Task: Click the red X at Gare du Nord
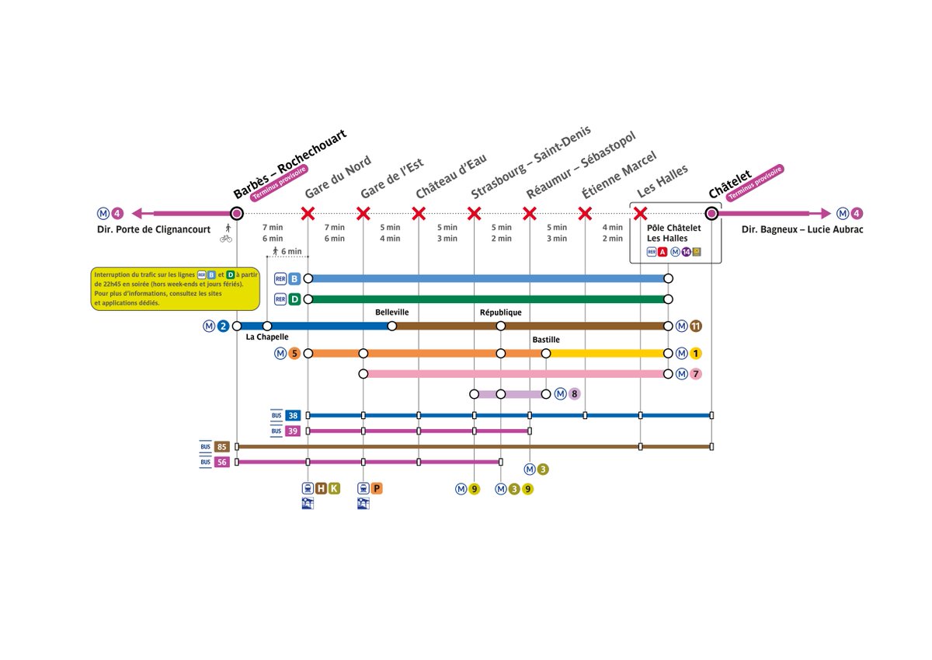point(308,213)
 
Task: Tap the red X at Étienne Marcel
point(586,213)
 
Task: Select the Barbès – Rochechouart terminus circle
point(237,213)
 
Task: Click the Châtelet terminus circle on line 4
point(711,213)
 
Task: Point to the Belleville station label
point(391,312)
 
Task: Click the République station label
point(501,312)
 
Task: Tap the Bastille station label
point(546,340)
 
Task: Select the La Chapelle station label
point(267,337)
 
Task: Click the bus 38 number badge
point(293,415)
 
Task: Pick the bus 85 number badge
point(222,446)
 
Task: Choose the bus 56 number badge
point(222,462)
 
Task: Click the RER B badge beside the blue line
point(294,278)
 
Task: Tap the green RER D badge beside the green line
point(294,299)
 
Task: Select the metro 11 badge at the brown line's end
point(696,326)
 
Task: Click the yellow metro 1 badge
point(696,354)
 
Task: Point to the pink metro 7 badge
point(696,374)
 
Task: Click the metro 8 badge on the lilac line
point(574,394)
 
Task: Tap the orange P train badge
point(377,488)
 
